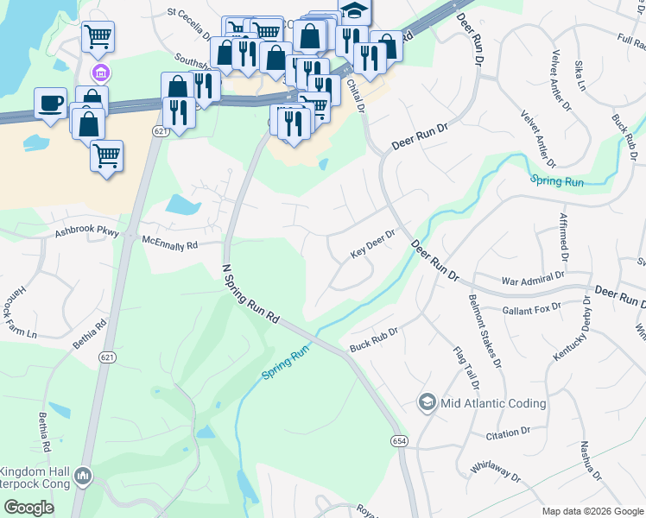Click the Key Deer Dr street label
[372, 244]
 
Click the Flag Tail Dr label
[463, 368]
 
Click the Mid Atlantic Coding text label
[493, 403]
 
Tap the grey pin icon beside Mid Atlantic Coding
[427, 402]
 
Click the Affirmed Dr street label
[563, 237]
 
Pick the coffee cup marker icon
[50, 103]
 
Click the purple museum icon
[100, 72]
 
